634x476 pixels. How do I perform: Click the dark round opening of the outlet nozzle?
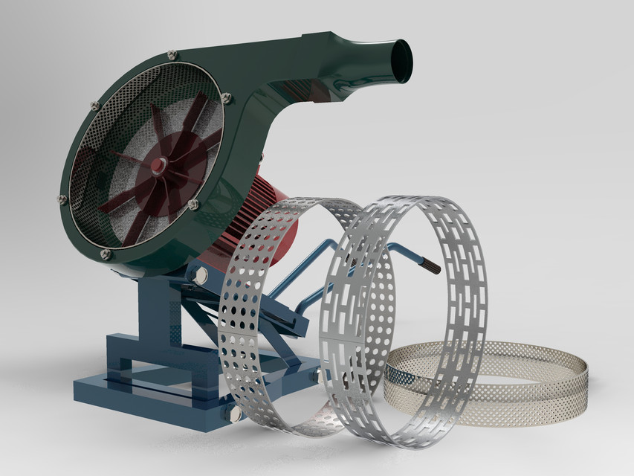[401, 61]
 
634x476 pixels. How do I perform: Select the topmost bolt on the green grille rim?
[172, 54]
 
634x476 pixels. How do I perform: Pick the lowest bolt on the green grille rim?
[106, 254]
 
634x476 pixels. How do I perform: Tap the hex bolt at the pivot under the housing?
[201, 276]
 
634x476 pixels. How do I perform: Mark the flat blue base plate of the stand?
[149, 398]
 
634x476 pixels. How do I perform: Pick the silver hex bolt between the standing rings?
[322, 376]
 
